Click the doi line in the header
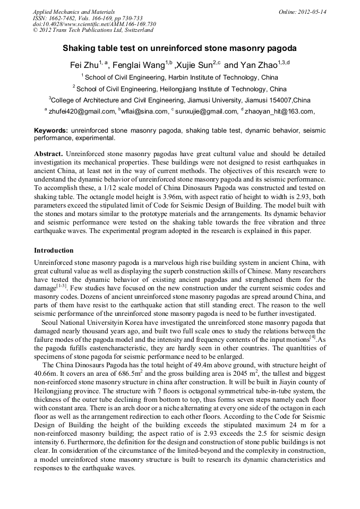point(95,24)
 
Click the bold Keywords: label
point(51,131)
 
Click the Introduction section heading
point(54,250)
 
